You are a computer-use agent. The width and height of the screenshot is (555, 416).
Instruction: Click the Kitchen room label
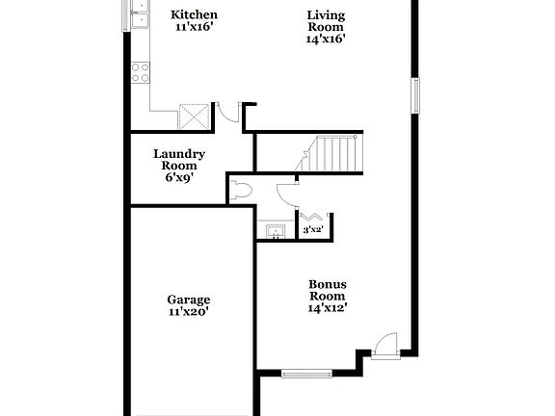tap(194, 14)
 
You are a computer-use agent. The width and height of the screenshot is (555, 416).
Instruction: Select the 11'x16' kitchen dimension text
tap(194, 27)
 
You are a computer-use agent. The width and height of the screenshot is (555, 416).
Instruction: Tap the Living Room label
tap(326, 20)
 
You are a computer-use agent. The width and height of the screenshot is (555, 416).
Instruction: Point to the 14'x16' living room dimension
tap(326, 39)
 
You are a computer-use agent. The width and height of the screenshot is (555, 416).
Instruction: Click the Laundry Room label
tap(178, 159)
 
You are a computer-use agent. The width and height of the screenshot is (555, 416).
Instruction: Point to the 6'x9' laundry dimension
tap(178, 177)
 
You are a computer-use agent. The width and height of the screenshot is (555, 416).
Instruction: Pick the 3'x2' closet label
tap(313, 230)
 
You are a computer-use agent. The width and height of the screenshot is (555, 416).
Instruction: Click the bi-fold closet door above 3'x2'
tap(313, 217)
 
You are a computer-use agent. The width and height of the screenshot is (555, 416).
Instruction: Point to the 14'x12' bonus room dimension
tap(327, 308)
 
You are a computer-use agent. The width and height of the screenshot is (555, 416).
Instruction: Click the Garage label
tap(188, 299)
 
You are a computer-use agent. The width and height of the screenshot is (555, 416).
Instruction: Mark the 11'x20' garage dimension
tap(188, 312)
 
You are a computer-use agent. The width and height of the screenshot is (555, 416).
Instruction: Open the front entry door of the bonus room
tap(383, 344)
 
